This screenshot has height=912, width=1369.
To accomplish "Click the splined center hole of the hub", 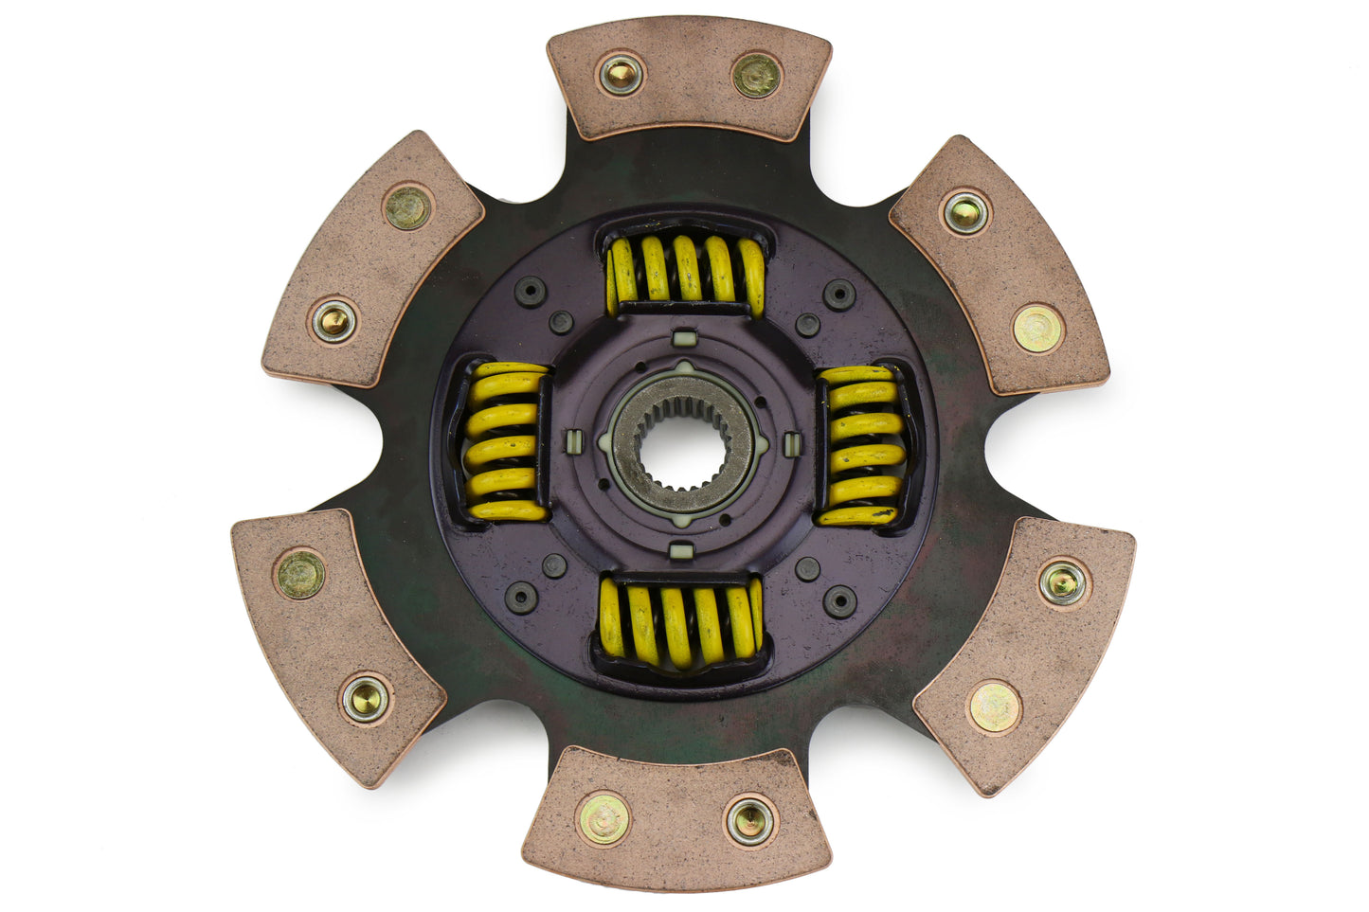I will pos(682,443).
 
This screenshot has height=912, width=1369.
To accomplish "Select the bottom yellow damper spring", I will pos(680,621).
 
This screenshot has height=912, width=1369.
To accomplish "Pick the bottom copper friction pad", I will pos(676,819).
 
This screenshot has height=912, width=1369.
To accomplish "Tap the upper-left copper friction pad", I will pos(370,260).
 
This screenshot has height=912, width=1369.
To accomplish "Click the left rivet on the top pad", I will pos(621,73).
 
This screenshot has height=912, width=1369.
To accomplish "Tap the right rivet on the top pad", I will pos(757,75).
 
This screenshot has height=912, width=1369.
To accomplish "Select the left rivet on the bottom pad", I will pos(603,819).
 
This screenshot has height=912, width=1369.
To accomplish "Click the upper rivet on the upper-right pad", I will pos(964,212).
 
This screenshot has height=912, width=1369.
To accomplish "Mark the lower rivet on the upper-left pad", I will pos(334,322).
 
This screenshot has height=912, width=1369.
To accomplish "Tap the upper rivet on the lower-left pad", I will pos(300,574).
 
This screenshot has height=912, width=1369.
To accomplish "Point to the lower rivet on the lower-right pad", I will pos(994,706).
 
